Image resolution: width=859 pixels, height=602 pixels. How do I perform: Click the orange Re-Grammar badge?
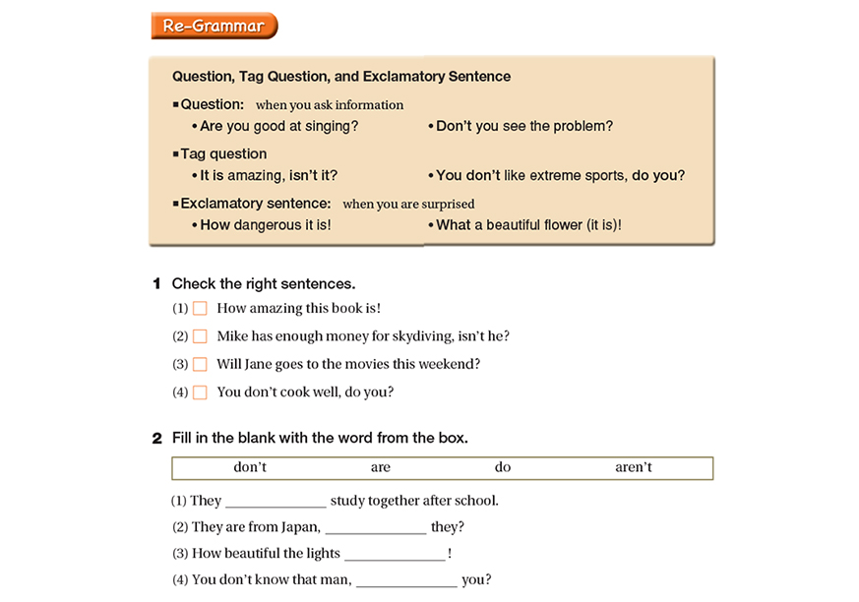pyautogui.click(x=214, y=27)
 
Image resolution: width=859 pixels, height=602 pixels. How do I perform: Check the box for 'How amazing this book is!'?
pyautogui.click(x=200, y=309)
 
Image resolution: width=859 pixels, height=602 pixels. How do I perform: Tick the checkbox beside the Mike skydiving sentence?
pyautogui.click(x=200, y=336)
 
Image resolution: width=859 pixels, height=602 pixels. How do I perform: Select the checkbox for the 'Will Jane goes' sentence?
pyautogui.click(x=200, y=364)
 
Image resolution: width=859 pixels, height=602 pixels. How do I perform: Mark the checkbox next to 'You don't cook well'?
pyautogui.click(x=200, y=392)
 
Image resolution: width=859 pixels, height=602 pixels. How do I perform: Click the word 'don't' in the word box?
pyautogui.click(x=250, y=467)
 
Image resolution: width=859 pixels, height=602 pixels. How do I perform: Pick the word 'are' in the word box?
pyautogui.click(x=381, y=467)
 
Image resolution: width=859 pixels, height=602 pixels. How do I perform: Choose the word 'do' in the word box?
pyautogui.click(x=503, y=467)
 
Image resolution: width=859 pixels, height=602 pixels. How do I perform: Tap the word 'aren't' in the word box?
pyautogui.click(x=634, y=467)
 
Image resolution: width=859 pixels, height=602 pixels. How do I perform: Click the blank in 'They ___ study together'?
pyautogui.click(x=276, y=501)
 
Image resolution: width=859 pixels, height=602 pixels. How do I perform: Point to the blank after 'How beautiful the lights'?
pyautogui.click(x=395, y=554)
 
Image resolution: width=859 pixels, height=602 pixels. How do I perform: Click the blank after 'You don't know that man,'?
pyautogui.click(x=406, y=580)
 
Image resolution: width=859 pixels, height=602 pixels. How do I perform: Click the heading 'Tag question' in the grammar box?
pyautogui.click(x=223, y=153)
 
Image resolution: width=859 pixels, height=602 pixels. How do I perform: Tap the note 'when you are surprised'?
pyautogui.click(x=408, y=205)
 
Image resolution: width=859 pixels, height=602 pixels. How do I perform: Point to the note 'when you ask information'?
pyautogui.click(x=330, y=105)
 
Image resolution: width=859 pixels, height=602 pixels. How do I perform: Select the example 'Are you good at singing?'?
pyautogui.click(x=278, y=126)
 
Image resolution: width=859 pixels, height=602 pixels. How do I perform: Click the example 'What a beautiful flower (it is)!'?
pyautogui.click(x=528, y=225)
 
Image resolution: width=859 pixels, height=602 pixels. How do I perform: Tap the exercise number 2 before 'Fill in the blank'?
pyautogui.click(x=156, y=438)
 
